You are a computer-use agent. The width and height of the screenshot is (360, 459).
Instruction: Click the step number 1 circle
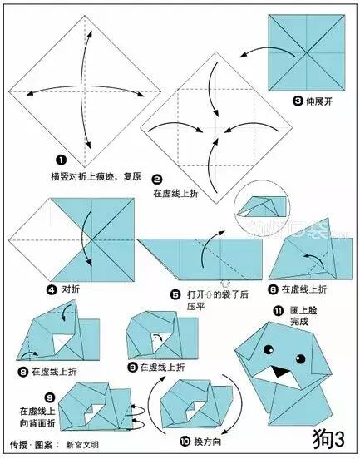61,160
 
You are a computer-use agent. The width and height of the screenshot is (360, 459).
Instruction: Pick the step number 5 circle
175,294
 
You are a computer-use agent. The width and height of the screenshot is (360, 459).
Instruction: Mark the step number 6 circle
273,289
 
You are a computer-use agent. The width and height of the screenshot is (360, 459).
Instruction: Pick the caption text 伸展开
322,101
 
